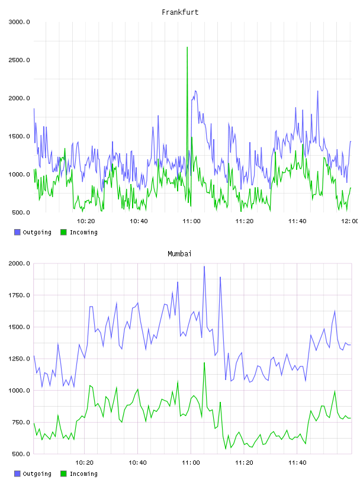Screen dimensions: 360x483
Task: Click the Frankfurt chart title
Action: tap(180, 12)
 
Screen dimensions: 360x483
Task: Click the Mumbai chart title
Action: tap(179, 254)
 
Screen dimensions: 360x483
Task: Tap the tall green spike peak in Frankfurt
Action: tap(187, 47)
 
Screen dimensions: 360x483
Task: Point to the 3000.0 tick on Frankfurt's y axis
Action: tap(19, 22)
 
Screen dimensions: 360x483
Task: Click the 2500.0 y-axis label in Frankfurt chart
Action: tap(19, 60)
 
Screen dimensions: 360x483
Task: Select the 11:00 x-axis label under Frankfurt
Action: tap(191, 221)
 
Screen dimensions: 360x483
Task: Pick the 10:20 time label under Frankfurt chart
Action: tap(86, 221)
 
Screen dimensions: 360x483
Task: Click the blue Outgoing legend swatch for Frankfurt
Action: tap(17, 232)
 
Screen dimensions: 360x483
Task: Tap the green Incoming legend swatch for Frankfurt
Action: tap(63, 232)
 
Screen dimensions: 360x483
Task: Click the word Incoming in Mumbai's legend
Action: tap(83, 474)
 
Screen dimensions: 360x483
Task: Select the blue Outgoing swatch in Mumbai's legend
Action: tap(17, 474)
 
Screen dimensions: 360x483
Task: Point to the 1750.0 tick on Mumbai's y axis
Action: tap(19, 295)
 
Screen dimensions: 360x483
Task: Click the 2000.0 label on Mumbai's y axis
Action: tap(19, 263)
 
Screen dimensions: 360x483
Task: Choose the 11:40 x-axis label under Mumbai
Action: tap(297, 463)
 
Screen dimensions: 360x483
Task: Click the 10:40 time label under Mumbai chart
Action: tap(137, 463)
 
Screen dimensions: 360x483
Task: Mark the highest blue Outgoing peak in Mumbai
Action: tap(204, 267)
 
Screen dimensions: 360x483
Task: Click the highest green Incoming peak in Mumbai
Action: tap(204, 363)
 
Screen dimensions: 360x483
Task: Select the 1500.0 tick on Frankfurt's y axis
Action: tap(19, 137)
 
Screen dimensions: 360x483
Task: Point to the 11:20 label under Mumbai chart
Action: tap(244, 463)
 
